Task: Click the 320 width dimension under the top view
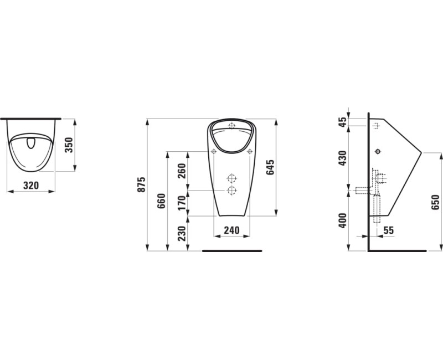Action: tap(32, 186)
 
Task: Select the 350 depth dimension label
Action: tap(69, 145)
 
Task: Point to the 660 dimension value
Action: tap(161, 200)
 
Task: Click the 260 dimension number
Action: tap(181, 171)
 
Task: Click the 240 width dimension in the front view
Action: tap(231, 229)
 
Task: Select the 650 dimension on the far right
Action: tap(435, 202)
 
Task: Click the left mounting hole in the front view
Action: tap(213, 151)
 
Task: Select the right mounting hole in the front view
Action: tap(250, 151)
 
